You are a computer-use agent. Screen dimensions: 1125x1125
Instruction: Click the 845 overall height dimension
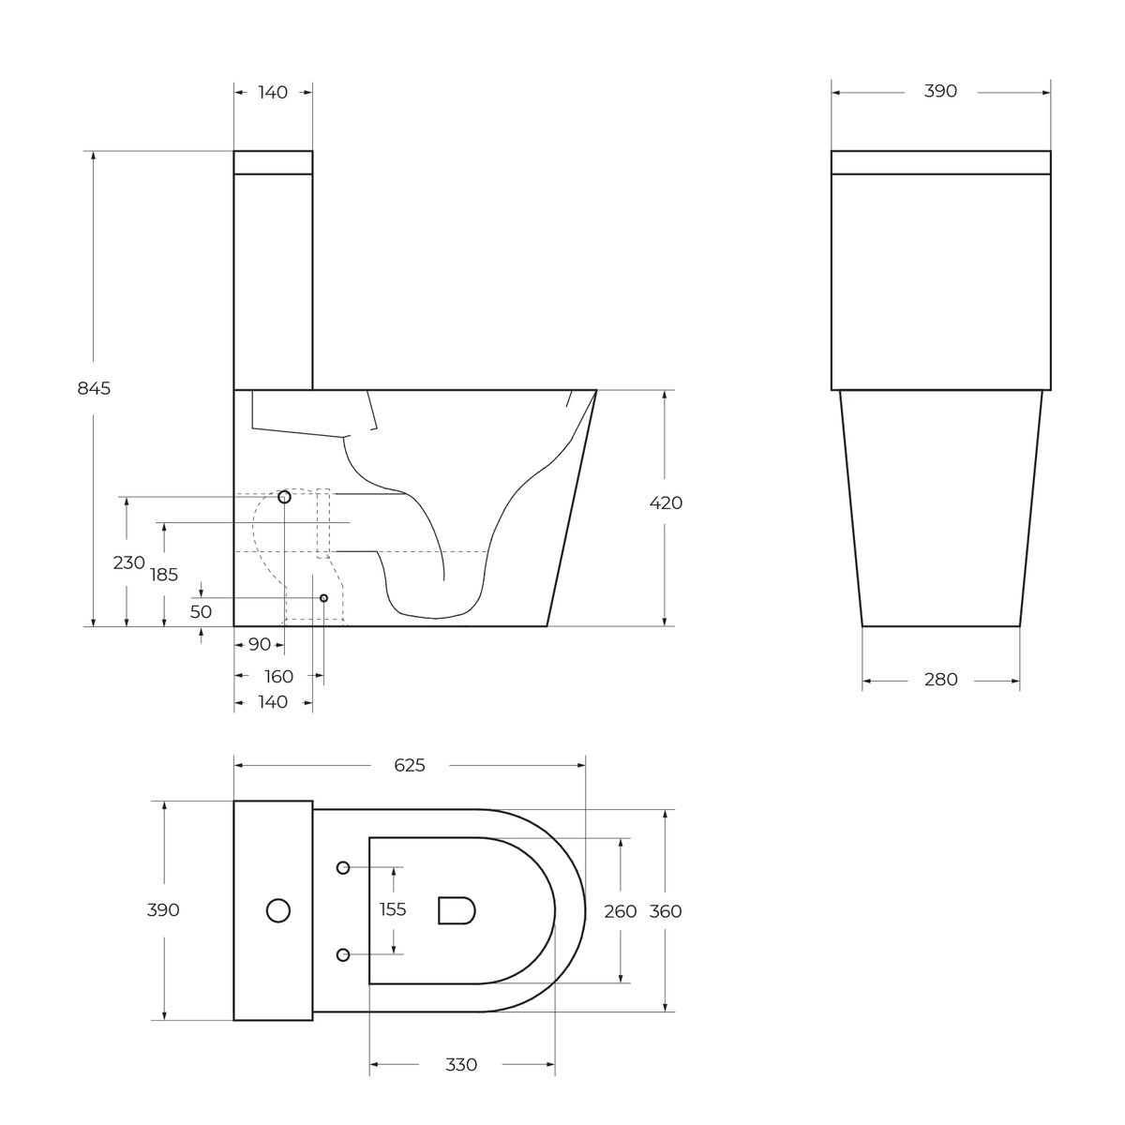tap(94, 388)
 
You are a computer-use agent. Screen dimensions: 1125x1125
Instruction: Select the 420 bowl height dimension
tap(666, 502)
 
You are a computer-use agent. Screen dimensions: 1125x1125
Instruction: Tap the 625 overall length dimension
tap(410, 765)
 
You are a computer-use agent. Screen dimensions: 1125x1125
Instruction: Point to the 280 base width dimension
tap(940, 679)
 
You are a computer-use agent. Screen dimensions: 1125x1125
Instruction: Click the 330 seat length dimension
tap(461, 1065)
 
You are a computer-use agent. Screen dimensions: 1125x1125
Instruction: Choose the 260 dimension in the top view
tap(620, 911)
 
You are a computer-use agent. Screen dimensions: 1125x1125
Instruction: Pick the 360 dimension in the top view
tap(666, 911)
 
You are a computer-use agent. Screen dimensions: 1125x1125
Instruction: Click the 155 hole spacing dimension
tap(392, 909)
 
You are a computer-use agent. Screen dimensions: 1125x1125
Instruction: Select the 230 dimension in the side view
tap(128, 562)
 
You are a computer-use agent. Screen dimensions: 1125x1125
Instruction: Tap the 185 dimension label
tap(164, 575)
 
